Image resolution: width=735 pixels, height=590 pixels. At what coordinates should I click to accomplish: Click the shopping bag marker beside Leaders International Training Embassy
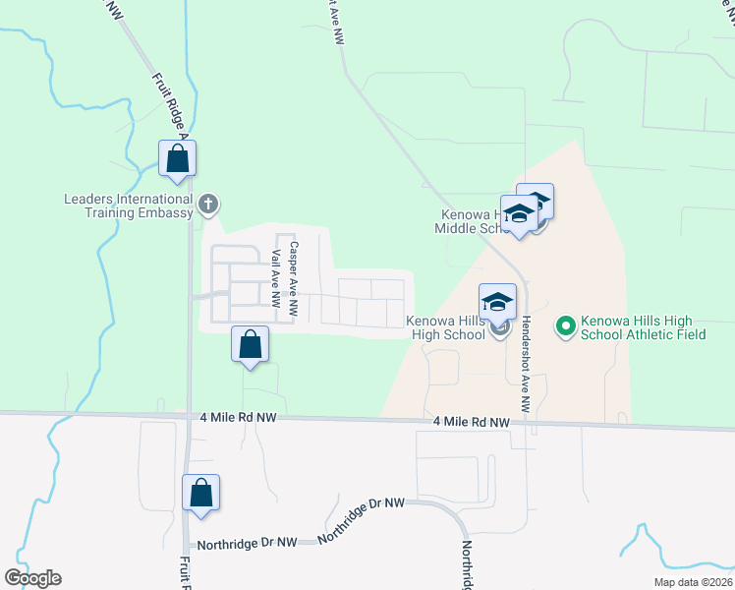(x=178, y=158)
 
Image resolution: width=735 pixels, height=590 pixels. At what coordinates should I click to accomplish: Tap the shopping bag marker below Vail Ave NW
(x=251, y=345)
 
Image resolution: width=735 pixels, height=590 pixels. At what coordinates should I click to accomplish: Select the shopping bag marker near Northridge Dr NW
(x=200, y=494)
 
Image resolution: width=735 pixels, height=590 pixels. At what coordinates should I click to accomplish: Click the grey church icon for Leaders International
(x=207, y=205)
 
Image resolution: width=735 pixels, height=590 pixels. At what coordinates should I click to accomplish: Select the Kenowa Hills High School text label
(x=446, y=327)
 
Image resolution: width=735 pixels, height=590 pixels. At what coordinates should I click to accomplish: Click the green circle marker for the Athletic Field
(x=565, y=324)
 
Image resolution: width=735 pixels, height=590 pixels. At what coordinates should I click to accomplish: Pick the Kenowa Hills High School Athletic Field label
(x=637, y=327)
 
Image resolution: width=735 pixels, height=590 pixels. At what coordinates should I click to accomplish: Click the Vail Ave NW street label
(x=276, y=275)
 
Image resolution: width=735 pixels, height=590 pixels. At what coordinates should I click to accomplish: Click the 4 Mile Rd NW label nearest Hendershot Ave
(x=472, y=422)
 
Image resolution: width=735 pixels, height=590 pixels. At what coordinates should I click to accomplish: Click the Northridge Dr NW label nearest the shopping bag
(x=247, y=542)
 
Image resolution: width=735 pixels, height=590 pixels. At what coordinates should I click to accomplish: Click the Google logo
(x=32, y=578)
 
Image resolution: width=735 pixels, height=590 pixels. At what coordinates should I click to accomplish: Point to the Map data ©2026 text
(x=693, y=582)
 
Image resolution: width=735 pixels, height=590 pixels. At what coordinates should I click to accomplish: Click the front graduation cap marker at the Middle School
(x=518, y=215)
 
